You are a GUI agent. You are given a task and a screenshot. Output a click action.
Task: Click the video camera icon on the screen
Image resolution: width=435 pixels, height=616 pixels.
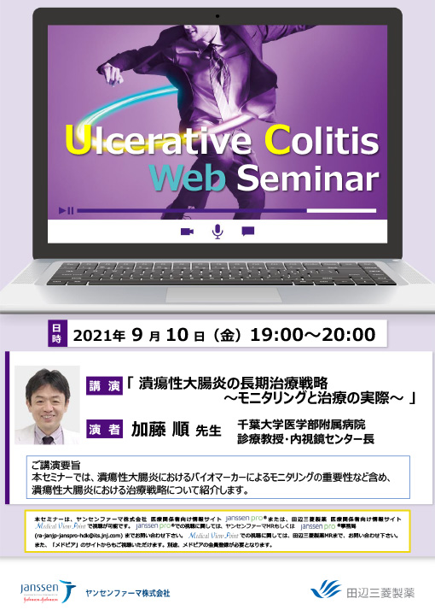tap(187, 232)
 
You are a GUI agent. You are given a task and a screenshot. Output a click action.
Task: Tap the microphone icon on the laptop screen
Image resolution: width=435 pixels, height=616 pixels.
tap(217, 232)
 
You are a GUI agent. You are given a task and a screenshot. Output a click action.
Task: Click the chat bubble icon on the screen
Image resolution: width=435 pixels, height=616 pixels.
tap(248, 232)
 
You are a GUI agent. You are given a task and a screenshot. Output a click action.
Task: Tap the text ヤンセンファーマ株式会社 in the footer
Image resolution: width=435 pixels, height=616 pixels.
tap(128, 592)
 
